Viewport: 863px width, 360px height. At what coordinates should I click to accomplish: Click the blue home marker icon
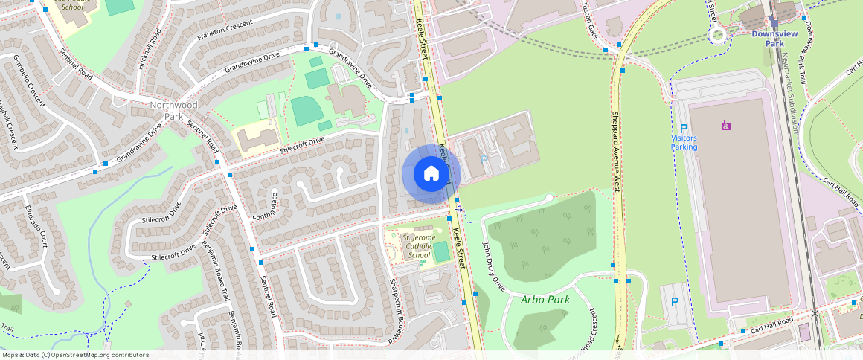tap(431, 174)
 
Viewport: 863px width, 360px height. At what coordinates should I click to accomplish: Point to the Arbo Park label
tap(545, 300)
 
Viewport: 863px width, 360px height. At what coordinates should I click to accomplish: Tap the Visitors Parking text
tap(684, 142)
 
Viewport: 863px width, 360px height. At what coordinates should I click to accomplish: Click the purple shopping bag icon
tap(726, 125)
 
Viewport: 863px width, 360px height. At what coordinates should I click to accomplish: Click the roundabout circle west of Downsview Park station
tap(718, 34)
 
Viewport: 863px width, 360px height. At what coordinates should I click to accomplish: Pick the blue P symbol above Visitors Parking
tap(684, 129)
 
